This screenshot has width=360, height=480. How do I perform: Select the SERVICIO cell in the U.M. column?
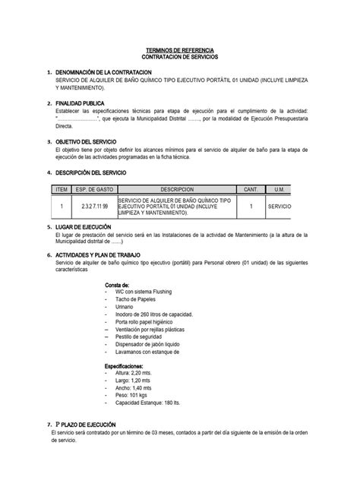point(280,205)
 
